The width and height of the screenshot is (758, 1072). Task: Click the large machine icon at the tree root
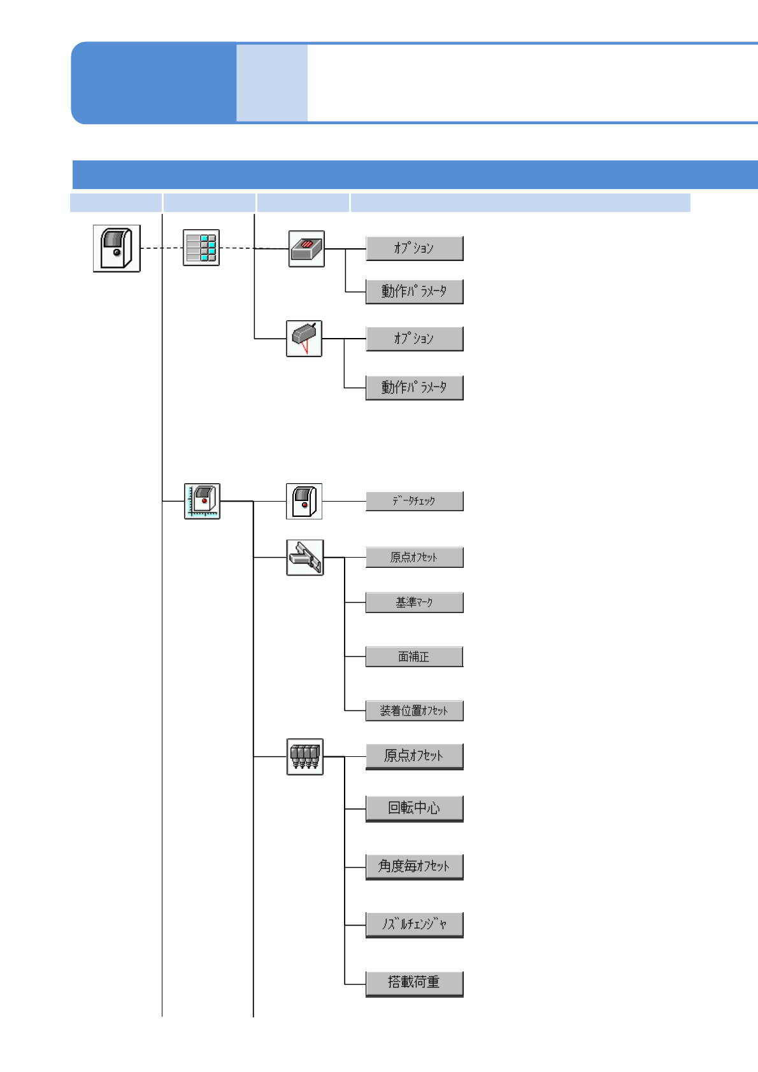(x=117, y=248)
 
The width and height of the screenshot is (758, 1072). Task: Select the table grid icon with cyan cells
(x=201, y=248)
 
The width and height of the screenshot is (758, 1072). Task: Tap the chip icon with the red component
(x=306, y=249)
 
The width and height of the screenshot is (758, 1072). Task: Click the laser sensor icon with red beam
(x=304, y=339)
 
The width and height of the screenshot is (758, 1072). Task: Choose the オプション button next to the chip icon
(x=414, y=248)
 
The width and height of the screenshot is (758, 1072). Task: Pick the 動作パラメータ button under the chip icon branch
(x=414, y=292)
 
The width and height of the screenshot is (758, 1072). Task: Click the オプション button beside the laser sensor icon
(x=414, y=339)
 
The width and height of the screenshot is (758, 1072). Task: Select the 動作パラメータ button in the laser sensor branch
(x=414, y=388)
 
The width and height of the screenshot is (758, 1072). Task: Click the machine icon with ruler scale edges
(x=202, y=501)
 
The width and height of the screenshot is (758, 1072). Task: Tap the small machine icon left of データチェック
(x=304, y=501)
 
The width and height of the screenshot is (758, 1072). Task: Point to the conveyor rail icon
(x=305, y=558)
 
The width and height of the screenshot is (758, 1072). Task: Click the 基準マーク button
(x=414, y=602)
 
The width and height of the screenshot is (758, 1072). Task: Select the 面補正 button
(x=414, y=656)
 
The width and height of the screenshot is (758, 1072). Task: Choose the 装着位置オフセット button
(x=414, y=710)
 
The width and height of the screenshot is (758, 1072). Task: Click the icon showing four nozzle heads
(x=305, y=756)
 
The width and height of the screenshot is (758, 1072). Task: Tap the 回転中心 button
(x=414, y=808)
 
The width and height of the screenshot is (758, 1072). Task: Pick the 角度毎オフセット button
(x=414, y=866)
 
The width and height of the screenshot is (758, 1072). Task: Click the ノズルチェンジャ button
(x=414, y=924)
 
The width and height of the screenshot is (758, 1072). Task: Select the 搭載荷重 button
(x=414, y=983)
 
